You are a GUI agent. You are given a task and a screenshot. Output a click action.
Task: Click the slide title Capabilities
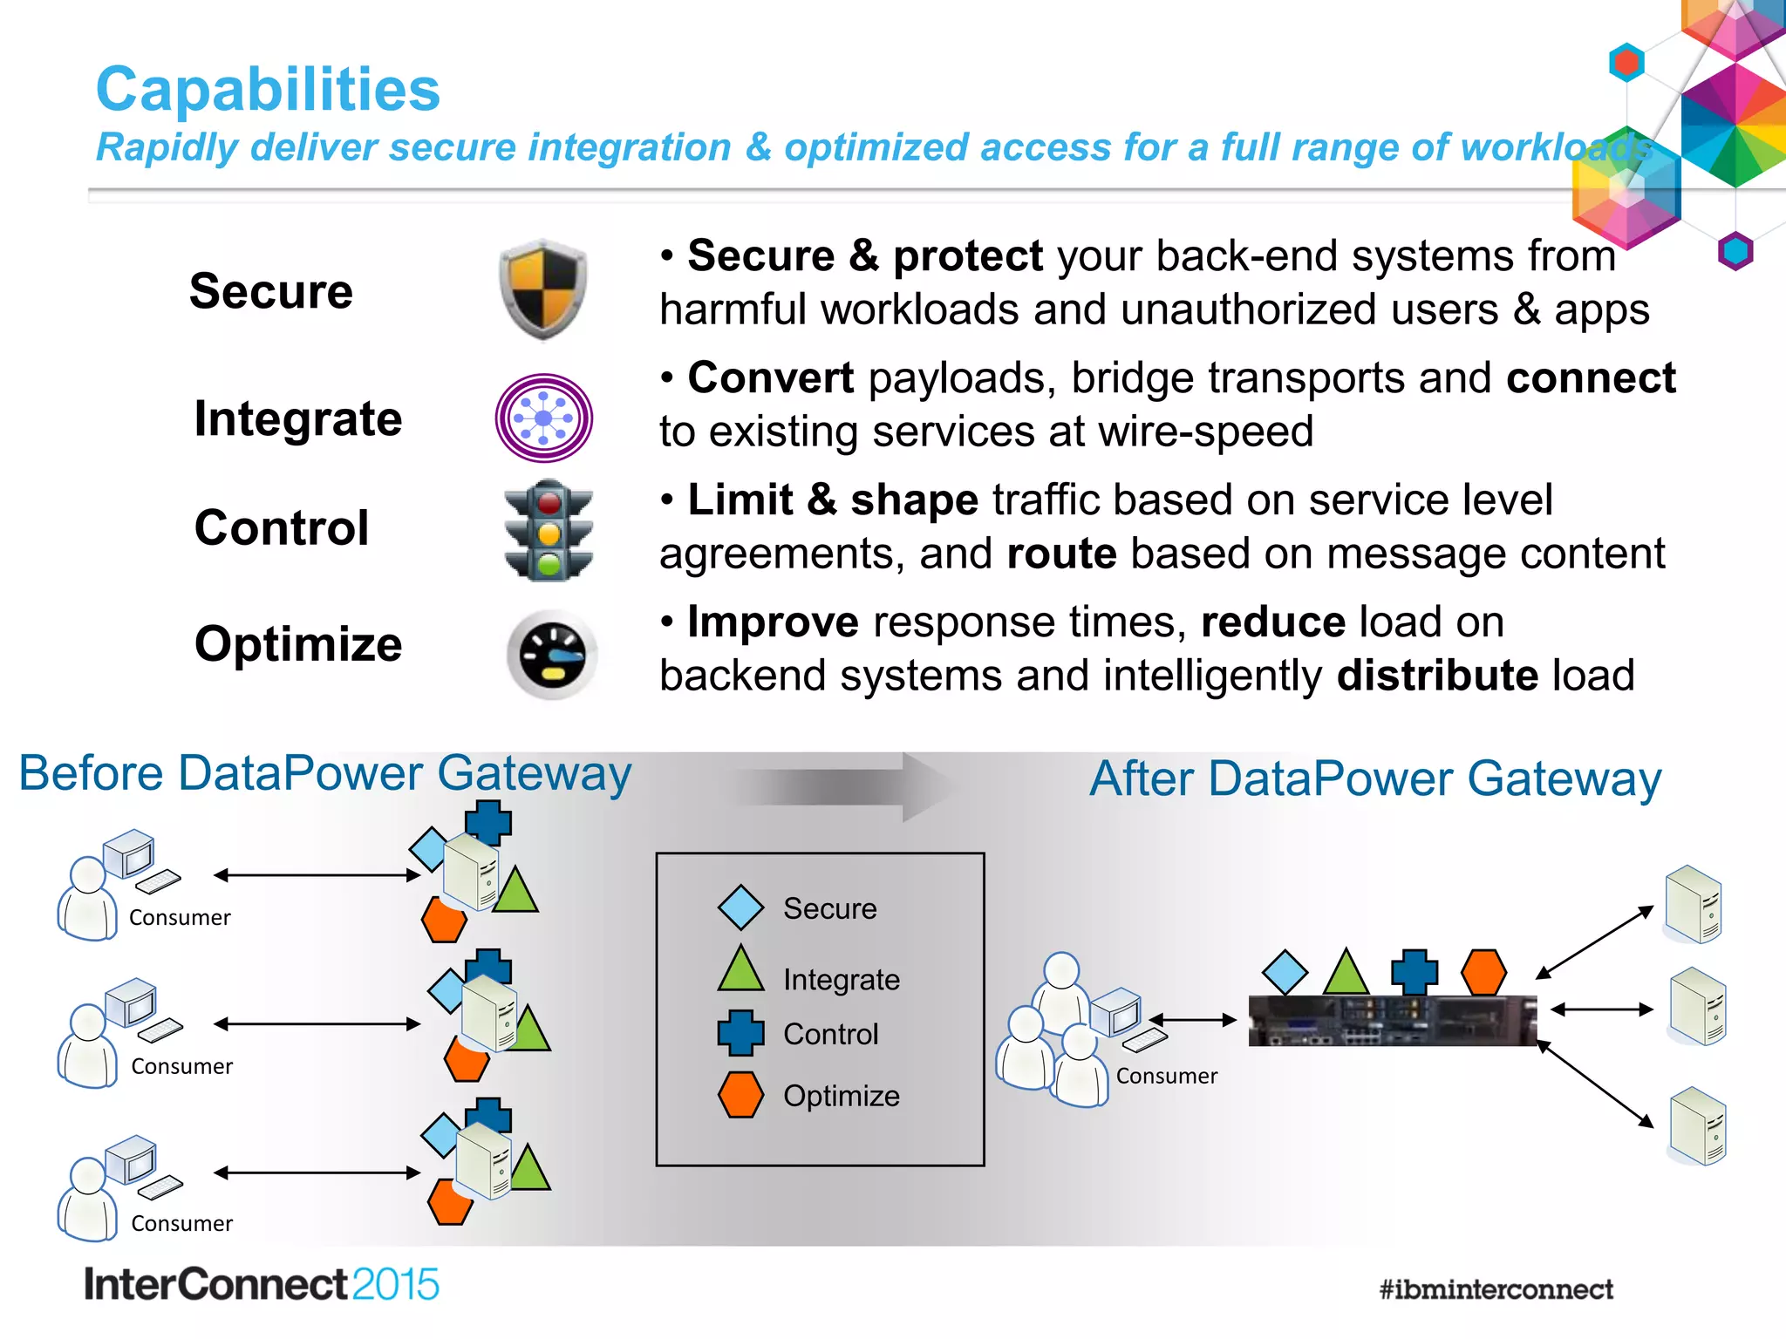(268, 89)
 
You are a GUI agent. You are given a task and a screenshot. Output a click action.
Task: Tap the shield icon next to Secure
(542, 289)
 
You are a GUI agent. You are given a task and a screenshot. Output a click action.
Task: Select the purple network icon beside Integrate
(543, 418)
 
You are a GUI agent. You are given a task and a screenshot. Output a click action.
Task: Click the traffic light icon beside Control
(549, 530)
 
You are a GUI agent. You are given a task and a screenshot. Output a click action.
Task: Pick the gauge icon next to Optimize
(552, 654)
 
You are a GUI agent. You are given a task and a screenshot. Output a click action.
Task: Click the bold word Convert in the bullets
(770, 378)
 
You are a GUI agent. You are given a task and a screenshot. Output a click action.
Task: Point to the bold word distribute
(1436, 676)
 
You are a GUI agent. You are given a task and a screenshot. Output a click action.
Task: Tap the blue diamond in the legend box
(740, 907)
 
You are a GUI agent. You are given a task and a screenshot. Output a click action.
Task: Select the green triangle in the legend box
(740, 970)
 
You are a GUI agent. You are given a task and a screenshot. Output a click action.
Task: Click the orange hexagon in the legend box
(740, 1095)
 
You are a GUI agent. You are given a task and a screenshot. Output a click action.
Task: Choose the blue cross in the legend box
(740, 1033)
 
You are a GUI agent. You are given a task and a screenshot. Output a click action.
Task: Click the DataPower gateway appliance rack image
(1392, 1021)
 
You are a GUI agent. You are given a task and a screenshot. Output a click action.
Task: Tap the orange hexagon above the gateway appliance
(1483, 971)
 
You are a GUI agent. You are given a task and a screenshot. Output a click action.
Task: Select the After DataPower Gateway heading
(1375, 778)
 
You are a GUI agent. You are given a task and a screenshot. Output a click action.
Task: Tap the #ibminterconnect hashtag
(1496, 1289)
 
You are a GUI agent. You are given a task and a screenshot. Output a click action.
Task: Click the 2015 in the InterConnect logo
(395, 1285)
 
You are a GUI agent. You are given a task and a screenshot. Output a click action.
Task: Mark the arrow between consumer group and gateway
(1193, 1020)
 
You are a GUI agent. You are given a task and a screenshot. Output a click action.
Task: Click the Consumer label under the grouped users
(1166, 1076)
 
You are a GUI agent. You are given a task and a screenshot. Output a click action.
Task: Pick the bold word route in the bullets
(1061, 554)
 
